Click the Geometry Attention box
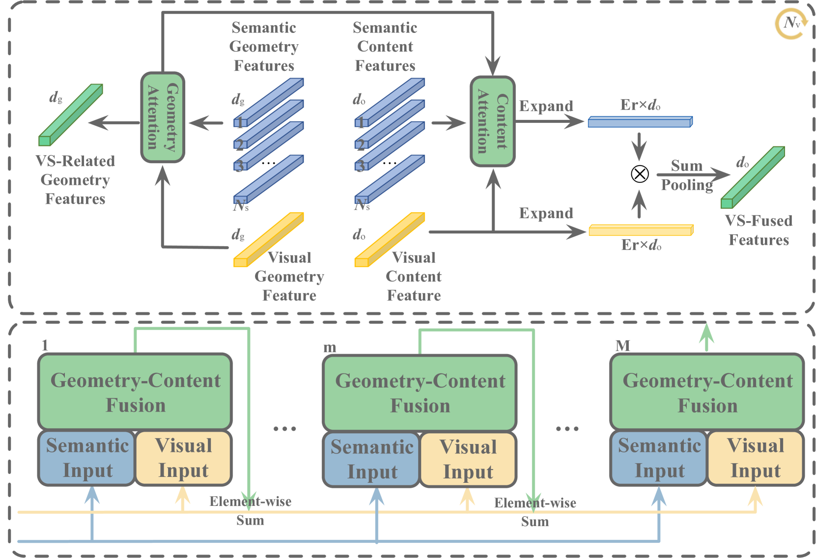(x=163, y=117)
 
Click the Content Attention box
(x=493, y=121)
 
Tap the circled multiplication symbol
(x=639, y=174)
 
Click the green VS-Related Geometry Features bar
(x=71, y=115)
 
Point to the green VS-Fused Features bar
(x=753, y=177)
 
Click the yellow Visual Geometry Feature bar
(x=268, y=240)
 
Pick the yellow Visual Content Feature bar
(x=390, y=240)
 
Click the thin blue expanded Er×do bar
(x=640, y=122)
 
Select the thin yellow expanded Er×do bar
(x=641, y=230)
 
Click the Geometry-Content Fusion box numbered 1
(x=135, y=391)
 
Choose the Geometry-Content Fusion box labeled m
(x=420, y=392)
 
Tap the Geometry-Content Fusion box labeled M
(x=707, y=391)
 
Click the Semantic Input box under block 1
(x=86, y=458)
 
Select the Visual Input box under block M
(x=756, y=458)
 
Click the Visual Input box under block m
(x=468, y=459)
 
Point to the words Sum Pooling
(x=687, y=175)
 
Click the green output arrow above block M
(x=706, y=337)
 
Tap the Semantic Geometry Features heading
(x=264, y=47)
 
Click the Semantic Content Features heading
(x=385, y=47)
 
